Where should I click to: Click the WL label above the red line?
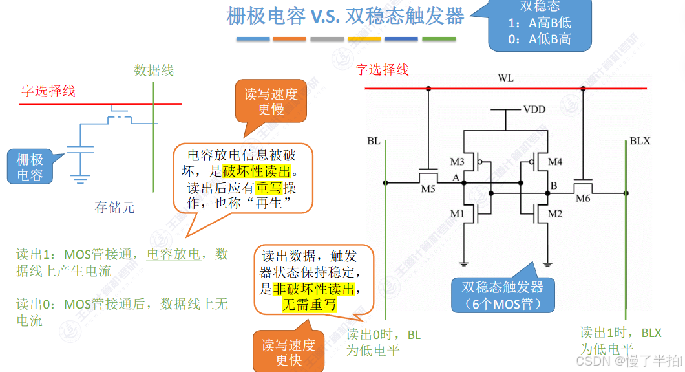(x=506, y=78)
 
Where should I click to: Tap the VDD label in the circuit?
(x=534, y=109)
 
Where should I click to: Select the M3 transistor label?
(x=458, y=161)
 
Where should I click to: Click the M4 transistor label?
(x=555, y=161)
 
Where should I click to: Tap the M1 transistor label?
(x=458, y=213)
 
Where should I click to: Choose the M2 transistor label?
(x=555, y=213)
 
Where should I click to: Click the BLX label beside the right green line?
(x=640, y=140)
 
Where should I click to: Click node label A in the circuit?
(x=455, y=178)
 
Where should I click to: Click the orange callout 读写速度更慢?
(x=271, y=101)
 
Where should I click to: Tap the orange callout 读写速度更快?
(x=288, y=352)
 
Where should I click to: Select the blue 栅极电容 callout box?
(x=30, y=167)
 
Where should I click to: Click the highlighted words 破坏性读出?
(x=257, y=171)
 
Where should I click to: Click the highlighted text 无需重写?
(x=309, y=304)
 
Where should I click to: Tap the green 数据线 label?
(x=154, y=70)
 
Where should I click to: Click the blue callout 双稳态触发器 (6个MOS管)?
(x=502, y=295)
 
